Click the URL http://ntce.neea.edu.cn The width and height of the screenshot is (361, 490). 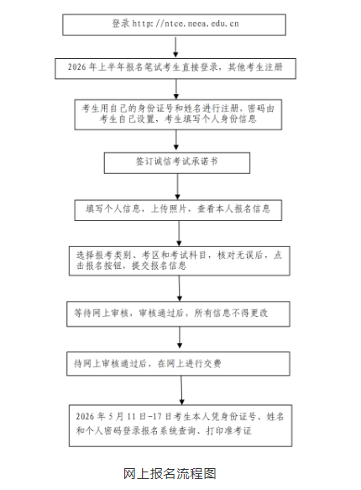click(186, 24)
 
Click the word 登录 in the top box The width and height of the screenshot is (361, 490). click(120, 24)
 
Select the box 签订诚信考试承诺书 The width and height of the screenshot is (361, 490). click(177, 163)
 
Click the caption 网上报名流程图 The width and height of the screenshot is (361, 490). click(170, 474)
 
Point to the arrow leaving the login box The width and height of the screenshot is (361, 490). click(175, 46)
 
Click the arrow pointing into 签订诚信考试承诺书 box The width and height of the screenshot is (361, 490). click(176, 140)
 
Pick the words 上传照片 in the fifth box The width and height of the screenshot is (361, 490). click(169, 208)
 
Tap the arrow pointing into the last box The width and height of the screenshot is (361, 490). click(181, 390)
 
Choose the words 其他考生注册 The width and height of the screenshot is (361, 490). click(255, 67)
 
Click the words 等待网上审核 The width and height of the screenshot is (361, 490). click(101, 313)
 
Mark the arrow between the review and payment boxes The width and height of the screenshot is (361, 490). click(180, 338)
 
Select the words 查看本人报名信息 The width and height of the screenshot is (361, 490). click(233, 208)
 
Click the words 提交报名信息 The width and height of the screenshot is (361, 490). click(160, 266)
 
